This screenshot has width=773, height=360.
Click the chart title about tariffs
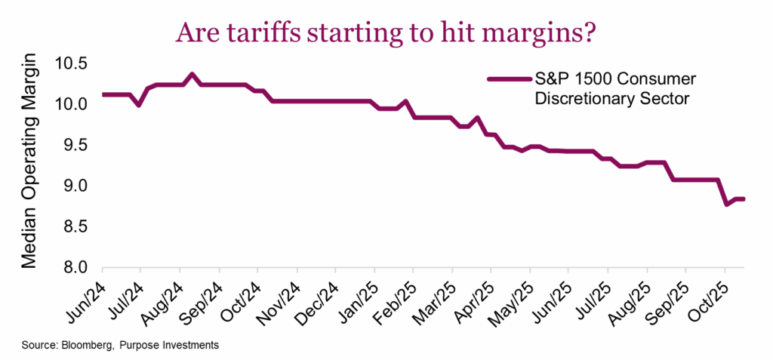click(x=386, y=32)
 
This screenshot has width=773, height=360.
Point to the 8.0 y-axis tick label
click(x=73, y=268)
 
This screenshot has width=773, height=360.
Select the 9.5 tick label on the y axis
click(x=73, y=144)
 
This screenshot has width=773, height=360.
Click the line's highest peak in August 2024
click(x=192, y=74)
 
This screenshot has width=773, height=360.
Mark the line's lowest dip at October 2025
click(x=725, y=204)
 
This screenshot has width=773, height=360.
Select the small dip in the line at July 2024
click(x=138, y=104)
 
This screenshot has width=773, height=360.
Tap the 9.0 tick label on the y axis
click(x=73, y=186)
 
